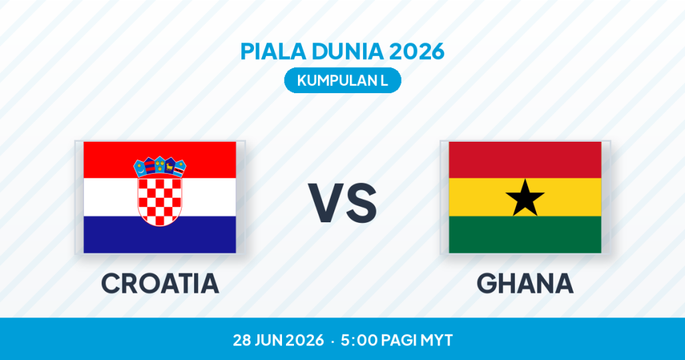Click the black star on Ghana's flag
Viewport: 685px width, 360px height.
[525, 198]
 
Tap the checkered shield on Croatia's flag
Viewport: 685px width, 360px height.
[160, 200]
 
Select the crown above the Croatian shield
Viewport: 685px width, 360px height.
[160, 166]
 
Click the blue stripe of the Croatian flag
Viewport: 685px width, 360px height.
[160, 235]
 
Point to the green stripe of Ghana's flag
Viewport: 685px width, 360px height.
[525, 235]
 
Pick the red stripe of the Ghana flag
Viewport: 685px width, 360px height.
[525, 160]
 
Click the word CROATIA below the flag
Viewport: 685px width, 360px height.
[160, 283]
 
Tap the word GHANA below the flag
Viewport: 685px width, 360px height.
[525, 283]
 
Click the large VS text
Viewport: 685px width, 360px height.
[342, 203]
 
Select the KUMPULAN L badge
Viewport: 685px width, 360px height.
[342, 81]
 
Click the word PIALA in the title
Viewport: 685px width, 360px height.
[273, 51]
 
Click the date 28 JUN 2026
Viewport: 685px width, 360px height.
[279, 340]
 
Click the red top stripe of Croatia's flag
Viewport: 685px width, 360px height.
[160, 160]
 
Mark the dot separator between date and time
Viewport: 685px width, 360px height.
[333, 341]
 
